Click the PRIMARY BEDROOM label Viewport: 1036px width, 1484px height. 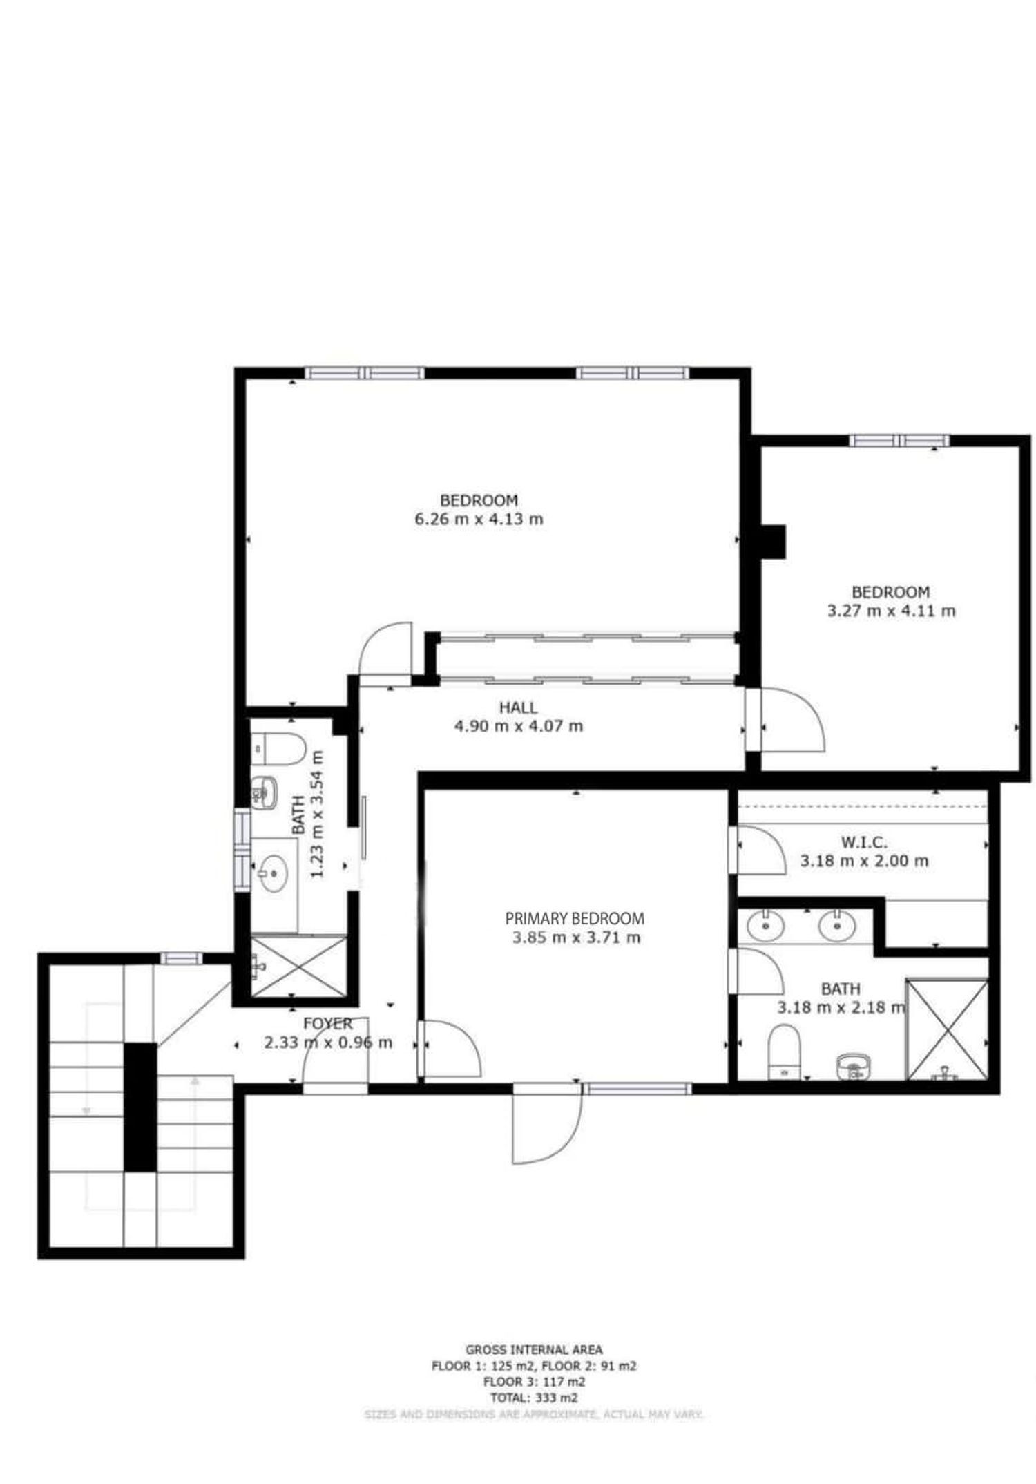[x=574, y=918]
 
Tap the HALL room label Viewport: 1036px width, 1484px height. [x=518, y=707]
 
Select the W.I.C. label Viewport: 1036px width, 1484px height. [x=863, y=842]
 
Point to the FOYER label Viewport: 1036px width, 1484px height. [x=327, y=1023]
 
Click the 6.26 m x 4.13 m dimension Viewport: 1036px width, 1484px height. [x=479, y=519]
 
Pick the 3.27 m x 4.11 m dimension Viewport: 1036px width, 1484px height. [x=891, y=611]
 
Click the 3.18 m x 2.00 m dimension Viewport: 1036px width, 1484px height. [x=864, y=861]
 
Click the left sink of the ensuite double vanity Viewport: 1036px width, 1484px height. [x=765, y=926]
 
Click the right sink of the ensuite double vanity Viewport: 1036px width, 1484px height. [x=837, y=926]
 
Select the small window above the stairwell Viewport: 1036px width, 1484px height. [x=182, y=958]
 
